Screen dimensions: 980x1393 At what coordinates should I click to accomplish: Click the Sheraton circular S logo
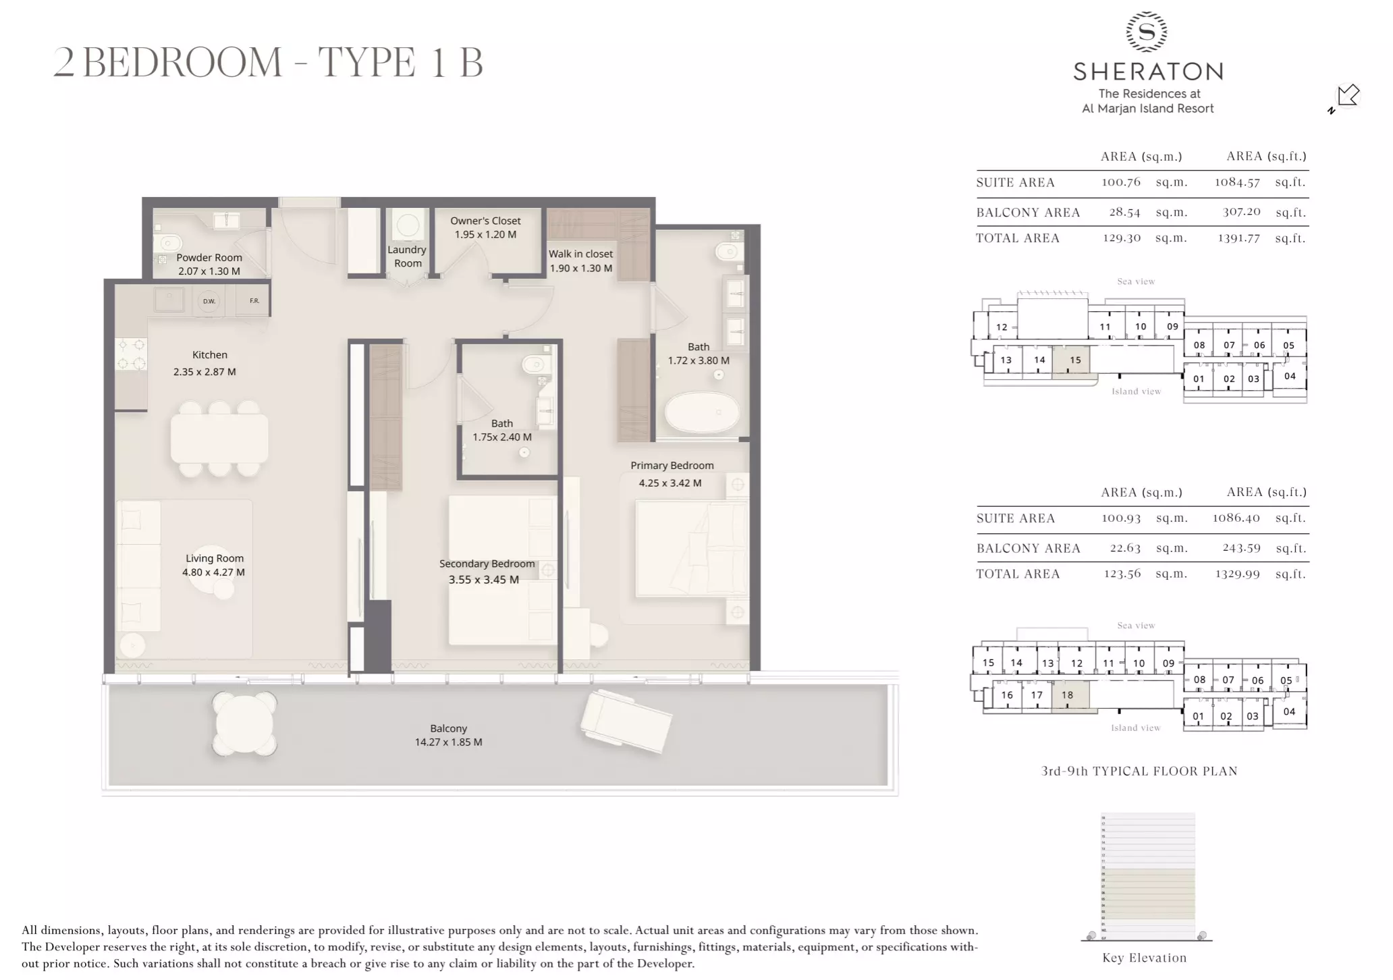coord(1147,32)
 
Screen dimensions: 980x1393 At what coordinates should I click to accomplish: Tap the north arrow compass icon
coord(1346,97)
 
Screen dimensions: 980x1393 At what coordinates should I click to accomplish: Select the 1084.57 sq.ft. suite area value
coord(1237,182)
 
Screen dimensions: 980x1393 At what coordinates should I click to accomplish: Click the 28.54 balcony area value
coord(1124,212)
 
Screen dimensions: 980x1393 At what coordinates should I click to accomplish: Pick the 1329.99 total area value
coord(1237,574)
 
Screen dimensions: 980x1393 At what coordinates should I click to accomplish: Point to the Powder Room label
coord(209,257)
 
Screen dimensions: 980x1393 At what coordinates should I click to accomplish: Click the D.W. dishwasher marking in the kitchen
coord(209,301)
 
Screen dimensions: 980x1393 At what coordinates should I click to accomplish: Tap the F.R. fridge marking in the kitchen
coord(254,300)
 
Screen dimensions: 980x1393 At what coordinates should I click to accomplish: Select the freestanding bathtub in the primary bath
coord(702,411)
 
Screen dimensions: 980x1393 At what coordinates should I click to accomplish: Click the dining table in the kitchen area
coord(219,438)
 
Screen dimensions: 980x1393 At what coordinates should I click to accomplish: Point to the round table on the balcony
coord(244,724)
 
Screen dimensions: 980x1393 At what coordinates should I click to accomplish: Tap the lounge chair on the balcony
coord(626,722)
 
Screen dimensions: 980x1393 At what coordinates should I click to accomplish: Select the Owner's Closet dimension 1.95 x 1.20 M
coord(485,235)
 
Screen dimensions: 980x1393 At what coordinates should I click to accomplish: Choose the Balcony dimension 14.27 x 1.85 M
coord(448,742)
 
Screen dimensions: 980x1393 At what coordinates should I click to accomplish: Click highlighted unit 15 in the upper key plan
coord(1074,360)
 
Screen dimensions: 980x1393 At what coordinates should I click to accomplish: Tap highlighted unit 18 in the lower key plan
coord(1067,695)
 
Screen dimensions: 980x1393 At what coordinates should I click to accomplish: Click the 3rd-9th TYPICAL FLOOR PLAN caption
coord(1139,771)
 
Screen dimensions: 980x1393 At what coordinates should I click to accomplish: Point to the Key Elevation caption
coord(1144,958)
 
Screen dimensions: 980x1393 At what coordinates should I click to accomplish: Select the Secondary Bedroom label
coord(487,564)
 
